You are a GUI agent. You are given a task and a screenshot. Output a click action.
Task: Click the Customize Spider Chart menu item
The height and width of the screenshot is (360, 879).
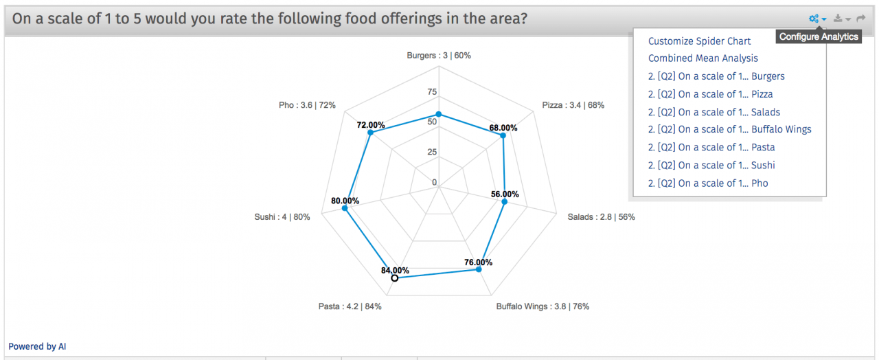click(x=699, y=41)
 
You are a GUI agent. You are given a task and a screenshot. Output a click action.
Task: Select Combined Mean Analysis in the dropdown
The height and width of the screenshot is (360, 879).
click(x=703, y=58)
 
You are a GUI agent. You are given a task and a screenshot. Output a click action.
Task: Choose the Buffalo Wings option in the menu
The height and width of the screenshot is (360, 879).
click(x=729, y=129)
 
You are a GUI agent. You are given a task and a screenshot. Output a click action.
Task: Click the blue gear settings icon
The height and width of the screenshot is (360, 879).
click(x=814, y=19)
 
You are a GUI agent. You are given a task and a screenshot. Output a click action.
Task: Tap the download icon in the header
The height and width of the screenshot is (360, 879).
click(x=838, y=19)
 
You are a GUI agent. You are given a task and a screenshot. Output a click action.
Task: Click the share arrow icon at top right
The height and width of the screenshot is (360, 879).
click(x=860, y=19)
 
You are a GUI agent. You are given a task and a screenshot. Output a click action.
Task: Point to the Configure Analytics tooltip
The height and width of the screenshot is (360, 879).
click(x=819, y=37)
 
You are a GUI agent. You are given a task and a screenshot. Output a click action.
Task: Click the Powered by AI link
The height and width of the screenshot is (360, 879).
click(x=37, y=347)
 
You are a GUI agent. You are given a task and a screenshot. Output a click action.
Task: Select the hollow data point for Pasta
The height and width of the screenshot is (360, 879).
click(x=394, y=278)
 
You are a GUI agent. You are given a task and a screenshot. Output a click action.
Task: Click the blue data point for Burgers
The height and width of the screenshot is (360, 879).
click(x=439, y=115)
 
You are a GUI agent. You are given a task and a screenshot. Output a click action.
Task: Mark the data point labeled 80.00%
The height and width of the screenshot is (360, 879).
click(x=345, y=210)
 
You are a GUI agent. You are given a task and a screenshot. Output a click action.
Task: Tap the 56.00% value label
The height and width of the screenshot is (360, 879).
click(x=505, y=194)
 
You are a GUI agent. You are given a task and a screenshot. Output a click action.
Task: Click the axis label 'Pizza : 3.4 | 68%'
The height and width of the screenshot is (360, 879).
click(x=573, y=105)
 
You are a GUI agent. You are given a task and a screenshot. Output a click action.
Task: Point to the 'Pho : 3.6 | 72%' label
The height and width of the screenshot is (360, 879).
click(x=307, y=105)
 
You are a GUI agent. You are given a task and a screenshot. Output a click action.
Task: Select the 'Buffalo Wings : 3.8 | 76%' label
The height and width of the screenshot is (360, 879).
click(x=543, y=306)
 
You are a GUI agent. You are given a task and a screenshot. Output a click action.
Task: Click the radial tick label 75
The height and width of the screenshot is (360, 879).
click(x=432, y=92)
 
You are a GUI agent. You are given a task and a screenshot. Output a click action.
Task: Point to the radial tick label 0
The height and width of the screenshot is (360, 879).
click(x=434, y=182)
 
